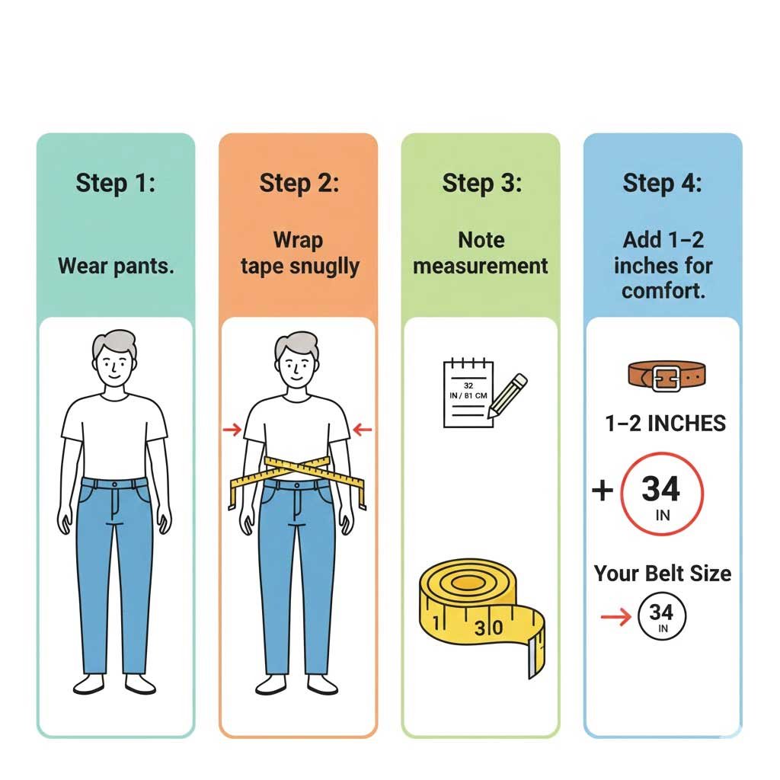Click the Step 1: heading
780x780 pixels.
pos(115,184)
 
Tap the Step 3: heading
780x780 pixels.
pos(481,184)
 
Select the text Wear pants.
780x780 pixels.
pos(116,267)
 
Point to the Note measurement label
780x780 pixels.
pos(481,253)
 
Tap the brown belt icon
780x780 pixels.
pos(666,376)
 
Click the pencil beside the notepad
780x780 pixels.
pos(507,394)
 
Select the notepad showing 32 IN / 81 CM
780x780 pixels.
pos(466,394)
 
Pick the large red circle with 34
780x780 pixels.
pos(662,492)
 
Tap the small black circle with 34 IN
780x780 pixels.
pos(662,617)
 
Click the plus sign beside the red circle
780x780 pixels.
pos(603,491)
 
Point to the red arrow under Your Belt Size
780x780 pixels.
pos(615,617)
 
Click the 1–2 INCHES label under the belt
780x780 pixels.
pos(665,424)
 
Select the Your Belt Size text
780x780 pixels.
pos(662,573)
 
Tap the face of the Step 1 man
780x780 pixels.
pos(114,369)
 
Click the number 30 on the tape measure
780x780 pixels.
pos(488,628)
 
